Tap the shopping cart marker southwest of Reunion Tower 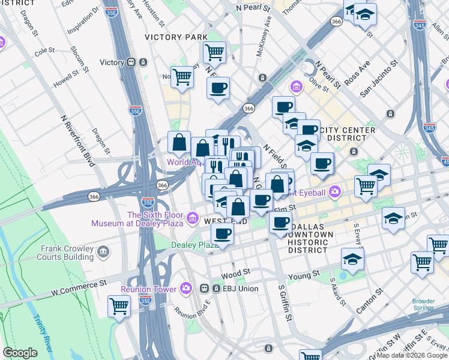119,306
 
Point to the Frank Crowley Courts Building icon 103,250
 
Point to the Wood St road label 240,272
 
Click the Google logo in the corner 20,352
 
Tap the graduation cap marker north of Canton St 352,259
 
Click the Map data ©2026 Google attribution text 412,355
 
